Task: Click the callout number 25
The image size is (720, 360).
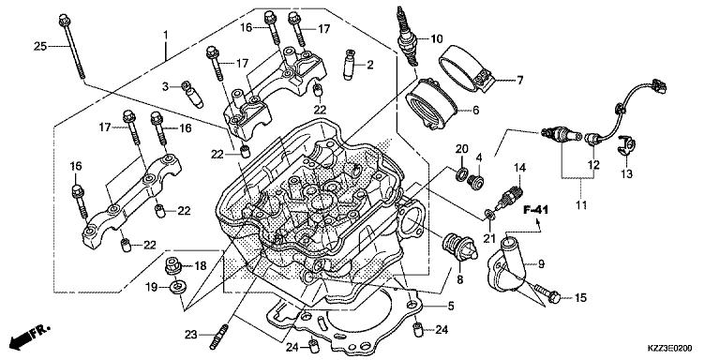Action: [x=40, y=46]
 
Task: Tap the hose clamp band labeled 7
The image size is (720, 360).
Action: [x=468, y=64]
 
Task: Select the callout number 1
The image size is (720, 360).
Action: [x=165, y=34]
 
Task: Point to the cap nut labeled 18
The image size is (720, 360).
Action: [x=175, y=266]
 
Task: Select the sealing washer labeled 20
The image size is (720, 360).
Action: [x=461, y=173]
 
